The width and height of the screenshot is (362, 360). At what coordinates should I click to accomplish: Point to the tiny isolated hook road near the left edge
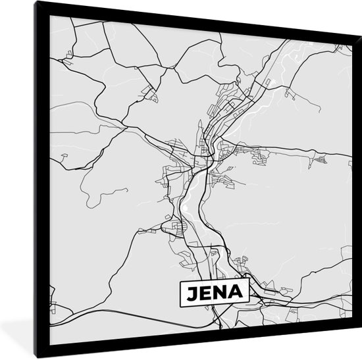64,156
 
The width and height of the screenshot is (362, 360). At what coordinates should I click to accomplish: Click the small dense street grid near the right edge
321,159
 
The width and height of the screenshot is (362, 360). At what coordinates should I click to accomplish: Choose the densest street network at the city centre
201,158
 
